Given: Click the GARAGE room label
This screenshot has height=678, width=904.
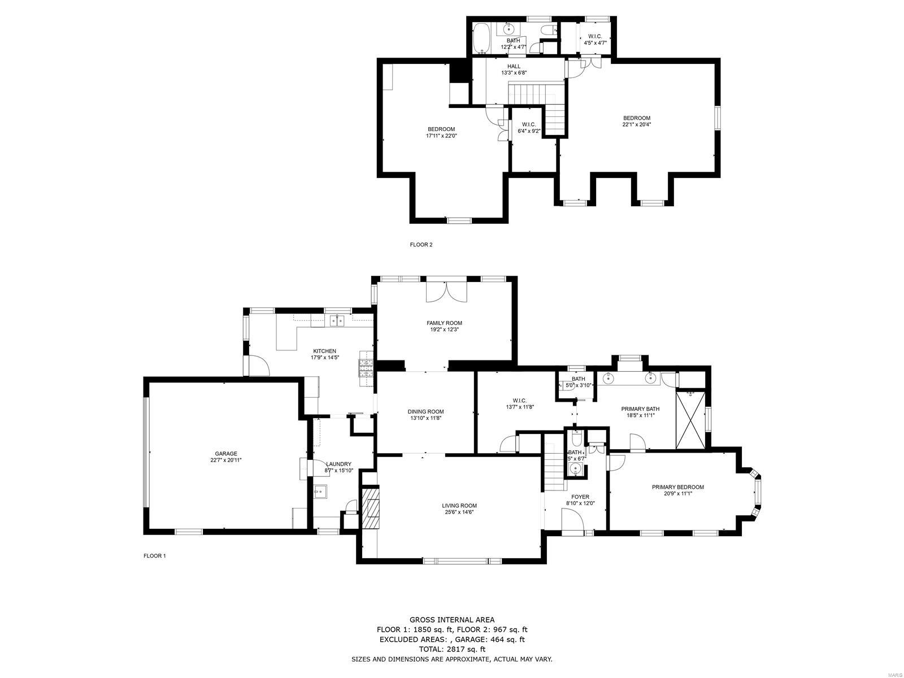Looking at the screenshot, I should pos(225,453).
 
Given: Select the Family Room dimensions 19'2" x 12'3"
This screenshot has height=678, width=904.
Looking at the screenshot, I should pos(444,329).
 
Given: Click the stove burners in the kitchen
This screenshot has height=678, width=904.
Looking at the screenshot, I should pos(366,368).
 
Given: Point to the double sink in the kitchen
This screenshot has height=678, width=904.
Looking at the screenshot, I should pos(337,321).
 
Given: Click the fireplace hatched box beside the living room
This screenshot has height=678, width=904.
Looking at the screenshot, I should pos(372,507).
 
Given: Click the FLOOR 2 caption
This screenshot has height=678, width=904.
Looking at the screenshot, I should pos(421,245).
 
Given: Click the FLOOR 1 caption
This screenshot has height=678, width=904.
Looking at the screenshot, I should pos(154,556).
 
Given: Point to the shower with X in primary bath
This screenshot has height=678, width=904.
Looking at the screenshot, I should pos(690,419).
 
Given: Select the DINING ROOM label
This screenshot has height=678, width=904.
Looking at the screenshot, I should pos(425,411).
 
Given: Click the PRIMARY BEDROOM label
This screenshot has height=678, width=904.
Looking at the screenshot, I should pos(677,487).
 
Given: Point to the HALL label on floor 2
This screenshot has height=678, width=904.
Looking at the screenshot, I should pos(514,66).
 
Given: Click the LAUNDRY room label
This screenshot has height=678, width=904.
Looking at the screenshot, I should pos(338,464).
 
